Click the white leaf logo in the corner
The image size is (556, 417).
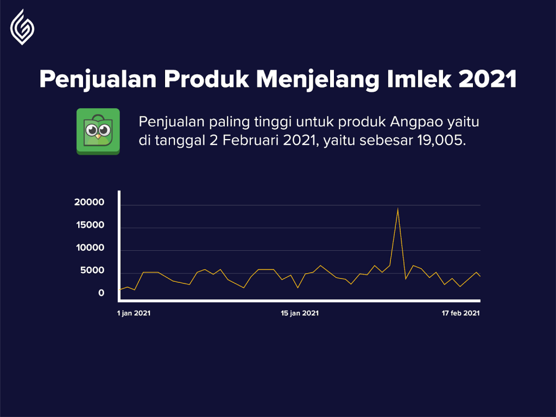(x=22, y=27)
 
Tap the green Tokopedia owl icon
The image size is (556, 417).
(x=98, y=131)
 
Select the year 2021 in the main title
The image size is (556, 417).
(x=487, y=79)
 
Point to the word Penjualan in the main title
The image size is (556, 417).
(x=98, y=79)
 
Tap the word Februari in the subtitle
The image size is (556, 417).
(x=251, y=140)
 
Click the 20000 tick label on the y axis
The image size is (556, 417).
(x=90, y=202)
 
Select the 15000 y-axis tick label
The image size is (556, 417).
(x=90, y=225)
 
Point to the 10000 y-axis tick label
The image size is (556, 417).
(x=90, y=248)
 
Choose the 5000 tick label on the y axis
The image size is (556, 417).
(x=92, y=270)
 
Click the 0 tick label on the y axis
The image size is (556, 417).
(x=102, y=293)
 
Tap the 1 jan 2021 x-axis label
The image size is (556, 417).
(x=134, y=313)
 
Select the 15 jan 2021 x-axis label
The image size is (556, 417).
(x=300, y=313)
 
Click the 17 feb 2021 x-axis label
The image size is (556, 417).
(x=460, y=313)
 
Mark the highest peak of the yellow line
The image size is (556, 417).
(x=397, y=208)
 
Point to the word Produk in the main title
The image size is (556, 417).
(x=206, y=79)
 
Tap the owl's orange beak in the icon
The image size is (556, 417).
(x=98, y=136)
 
